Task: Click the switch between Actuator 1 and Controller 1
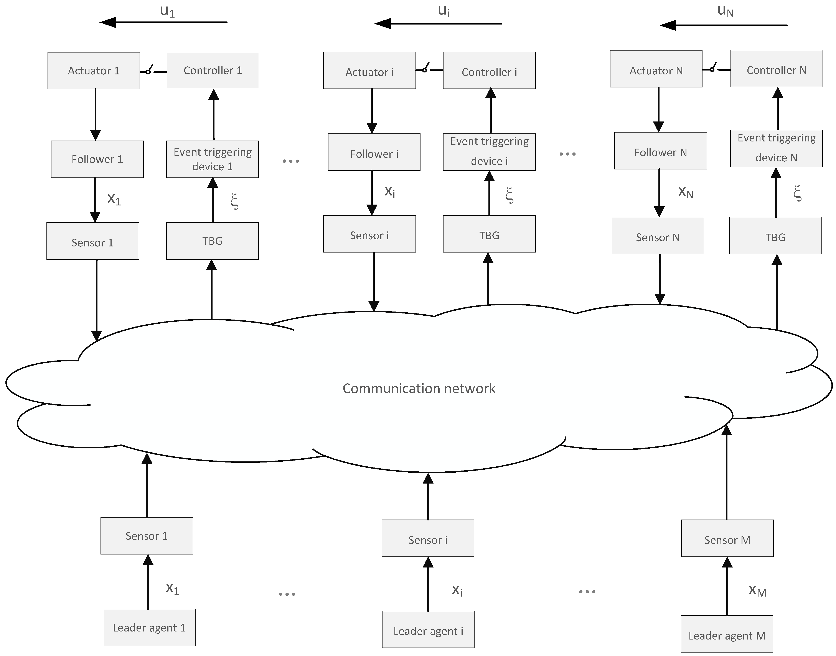click(150, 71)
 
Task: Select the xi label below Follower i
click(390, 191)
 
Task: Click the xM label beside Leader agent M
click(757, 590)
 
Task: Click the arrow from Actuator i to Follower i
click(372, 111)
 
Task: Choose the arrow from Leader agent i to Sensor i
click(428, 584)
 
